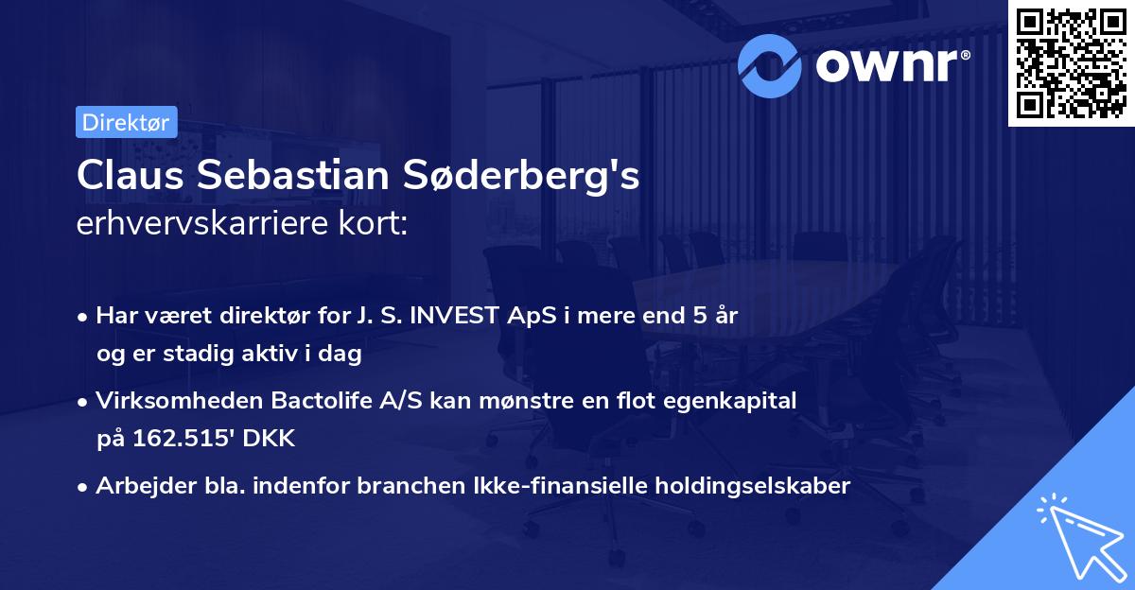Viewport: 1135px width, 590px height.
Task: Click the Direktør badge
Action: pos(126,122)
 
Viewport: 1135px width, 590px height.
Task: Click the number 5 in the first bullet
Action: pos(693,316)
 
